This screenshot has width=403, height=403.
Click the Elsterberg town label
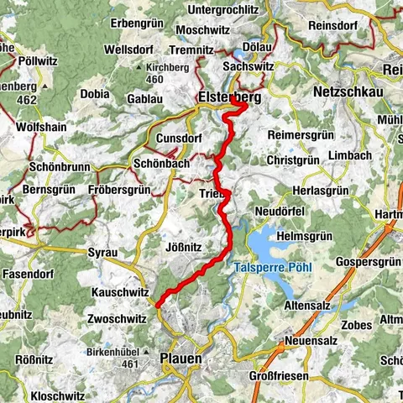[x=228, y=97]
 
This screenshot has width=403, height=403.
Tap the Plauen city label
[x=181, y=359]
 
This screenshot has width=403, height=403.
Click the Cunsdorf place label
[x=180, y=138]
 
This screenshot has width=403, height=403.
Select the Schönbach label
[x=163, y=164]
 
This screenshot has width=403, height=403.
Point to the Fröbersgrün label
[x=119, y=191]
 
